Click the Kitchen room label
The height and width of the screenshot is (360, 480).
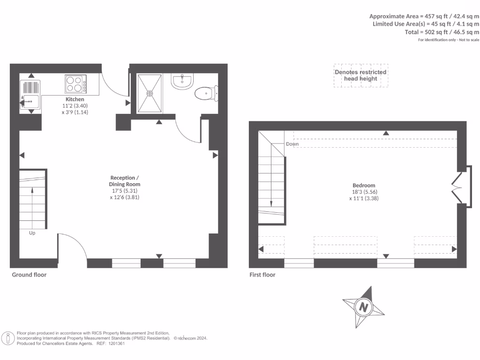click(x=75, y=99)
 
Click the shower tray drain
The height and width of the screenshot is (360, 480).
click(x=150, y=93)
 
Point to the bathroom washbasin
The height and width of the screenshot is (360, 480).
click(x=182, y=81)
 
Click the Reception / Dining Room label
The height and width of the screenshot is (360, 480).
click(x=125, y=181)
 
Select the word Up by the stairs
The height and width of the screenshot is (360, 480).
click(x=32, y=232)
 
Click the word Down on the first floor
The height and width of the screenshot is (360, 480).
click(x=292, y=144)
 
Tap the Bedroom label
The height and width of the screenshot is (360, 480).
click(x=364, y=185)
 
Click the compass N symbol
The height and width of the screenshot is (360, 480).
click(x=363, y=307)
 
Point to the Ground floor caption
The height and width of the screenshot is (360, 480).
click(x=29, y=275)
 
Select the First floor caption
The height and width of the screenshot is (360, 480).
click(x=262, y=275)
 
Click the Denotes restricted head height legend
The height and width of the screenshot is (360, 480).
click(x=360, y=75)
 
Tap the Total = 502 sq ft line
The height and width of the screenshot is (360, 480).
click(x=442, y=32)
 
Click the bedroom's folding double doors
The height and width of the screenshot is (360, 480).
click(x=457, y=186)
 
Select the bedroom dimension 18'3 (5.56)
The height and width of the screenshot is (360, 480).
click(x=364, y=192)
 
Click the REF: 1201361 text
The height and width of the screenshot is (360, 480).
click(x=111, y=344)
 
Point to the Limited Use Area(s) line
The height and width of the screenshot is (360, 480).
click(x=426, y=24)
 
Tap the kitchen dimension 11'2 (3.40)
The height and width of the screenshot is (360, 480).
click(x=75, y=106)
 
